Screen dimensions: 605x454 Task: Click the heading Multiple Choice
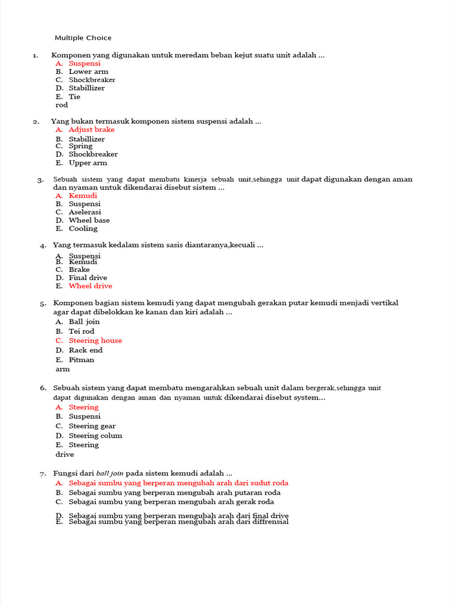pyautogui.click(x=83, y=38)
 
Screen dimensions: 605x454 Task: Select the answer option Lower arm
pyautogui.click(x=88, y=71)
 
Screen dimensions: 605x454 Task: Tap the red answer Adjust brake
pyautogui.click(x=91, y=129)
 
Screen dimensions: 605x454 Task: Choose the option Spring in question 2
pyautogui.click(x=80, y=146)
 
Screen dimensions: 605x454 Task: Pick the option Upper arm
pyautogui.click(x=87, y=162)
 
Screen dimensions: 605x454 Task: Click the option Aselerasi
pyautogui.click(x=85, y=212)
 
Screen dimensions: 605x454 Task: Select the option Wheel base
pyautogui.click(x=89, y=220)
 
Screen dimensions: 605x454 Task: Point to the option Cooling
pyautogui.click(x=83, y=228)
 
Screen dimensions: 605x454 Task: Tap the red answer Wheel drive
pyautogui.click(x=90, y=286)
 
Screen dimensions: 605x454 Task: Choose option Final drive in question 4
pyautogui.click(x=87, y=278)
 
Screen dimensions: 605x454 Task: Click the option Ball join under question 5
pyautogui.click(x=84, y=321)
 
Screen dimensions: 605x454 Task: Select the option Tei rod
pyautogui.click(x=81, y=331)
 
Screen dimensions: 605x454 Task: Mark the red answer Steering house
pyautogui.click(x=95, y=340)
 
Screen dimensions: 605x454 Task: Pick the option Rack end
pyautogui.click(x=85, y=350)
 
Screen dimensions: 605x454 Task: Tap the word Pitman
pyautogui.click(x=81, y=359)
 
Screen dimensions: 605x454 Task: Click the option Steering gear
pyautogui.click(x=92, y=426)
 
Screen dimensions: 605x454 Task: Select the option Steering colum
pyautogui.click(x=95, y=435)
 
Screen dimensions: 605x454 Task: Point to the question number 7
pyautogui.click(x=43, y=474)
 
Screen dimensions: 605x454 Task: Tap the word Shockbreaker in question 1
pyautogui.click(x=92, y=80)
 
